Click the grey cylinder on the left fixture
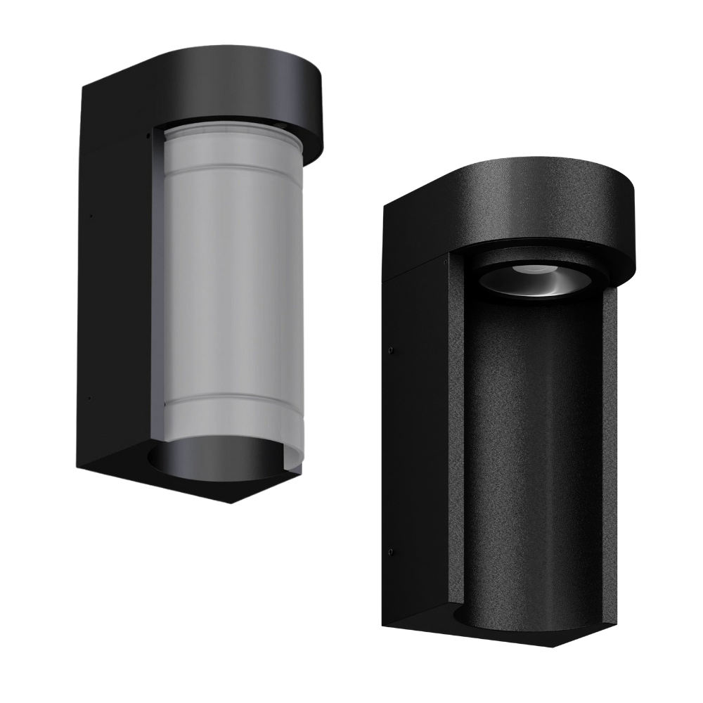pos(232,281)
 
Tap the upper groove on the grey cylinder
pos(232,169)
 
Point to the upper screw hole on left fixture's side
pos(90,216)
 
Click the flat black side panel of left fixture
pos(112,295)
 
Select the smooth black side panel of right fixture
pos(415,450)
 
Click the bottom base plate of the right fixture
pos(506,633)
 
